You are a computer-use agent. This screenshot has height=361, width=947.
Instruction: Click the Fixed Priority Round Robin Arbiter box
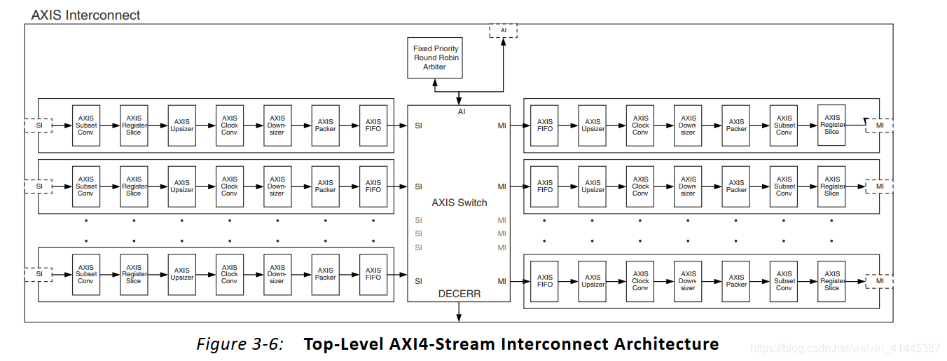click(x=435, y=58)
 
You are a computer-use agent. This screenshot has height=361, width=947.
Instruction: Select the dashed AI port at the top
click(x=503, y=31)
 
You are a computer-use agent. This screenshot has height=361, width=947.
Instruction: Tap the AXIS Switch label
click(x=459, y=203)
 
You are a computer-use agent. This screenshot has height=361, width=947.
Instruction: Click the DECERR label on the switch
click(x=459, y=294)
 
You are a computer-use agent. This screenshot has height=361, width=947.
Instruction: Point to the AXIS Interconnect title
click(x=85, y=15)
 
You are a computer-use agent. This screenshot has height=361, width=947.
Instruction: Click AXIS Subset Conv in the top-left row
click(x=86, y=125)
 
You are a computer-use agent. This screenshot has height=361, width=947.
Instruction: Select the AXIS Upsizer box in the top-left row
click(x=182, y=125)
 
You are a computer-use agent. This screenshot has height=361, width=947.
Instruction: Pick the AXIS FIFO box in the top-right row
click(x=545, y=125)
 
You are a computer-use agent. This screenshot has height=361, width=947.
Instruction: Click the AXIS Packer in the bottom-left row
click(x=326, y=274)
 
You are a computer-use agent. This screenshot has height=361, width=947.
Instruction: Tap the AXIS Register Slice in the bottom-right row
click(x=832, y=281)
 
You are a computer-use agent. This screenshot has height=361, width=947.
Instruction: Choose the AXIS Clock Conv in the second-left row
click(x=230, y=186)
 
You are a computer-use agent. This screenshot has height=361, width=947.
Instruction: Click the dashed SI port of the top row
click(x=39, y=125)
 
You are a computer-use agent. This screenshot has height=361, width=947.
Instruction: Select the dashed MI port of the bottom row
click(x=879, y=281)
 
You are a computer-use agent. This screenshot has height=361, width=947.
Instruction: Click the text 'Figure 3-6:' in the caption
click(x=240, y=344)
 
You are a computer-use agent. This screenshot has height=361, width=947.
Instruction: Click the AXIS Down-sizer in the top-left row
click(x=277, y=125)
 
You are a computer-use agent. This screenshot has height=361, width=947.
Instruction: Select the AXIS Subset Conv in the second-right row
click(x=784, y=186)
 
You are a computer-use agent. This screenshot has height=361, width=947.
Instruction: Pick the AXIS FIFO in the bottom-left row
click(x=373, y=274)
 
